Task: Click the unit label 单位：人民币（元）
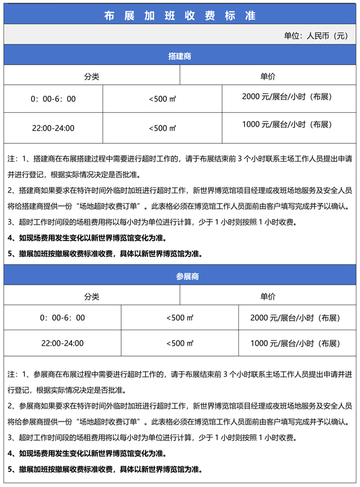[x=316, y=35]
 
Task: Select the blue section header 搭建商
[x=180, y=56]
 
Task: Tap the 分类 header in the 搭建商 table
[x=92, y=76]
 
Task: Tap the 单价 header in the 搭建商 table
[x=268, y=76]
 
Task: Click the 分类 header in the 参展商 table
[x=92, y=297]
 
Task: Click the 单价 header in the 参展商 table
[x=268, y=297]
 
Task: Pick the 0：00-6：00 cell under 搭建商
[x=53, y=98]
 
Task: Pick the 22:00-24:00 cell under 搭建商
[x=53, y=128]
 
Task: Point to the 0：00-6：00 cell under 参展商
[x=62, y=317]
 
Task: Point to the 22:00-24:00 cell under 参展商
[x=62, y=344]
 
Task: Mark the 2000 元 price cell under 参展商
[x=295, y=317]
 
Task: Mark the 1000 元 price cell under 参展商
[x=295, y=344]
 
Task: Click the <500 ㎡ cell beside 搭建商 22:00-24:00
[x=162, y=128]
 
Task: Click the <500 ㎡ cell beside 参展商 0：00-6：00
[x=179, y=317]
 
